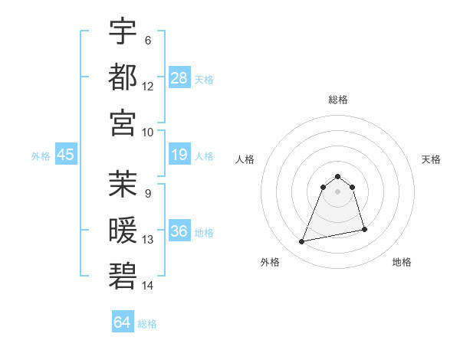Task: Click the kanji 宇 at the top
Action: coord(123,31)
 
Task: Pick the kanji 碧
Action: coord(123,275)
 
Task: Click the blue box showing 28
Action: coord(179,78)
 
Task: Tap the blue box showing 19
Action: coord(179,155)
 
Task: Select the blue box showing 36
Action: coord(179,232)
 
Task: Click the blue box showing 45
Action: coord(65,155)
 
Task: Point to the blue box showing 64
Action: coord(123,322)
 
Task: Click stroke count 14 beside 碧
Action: coord(148,286)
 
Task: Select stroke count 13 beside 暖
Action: coord(148,240)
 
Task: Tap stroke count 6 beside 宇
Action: coord(147,40)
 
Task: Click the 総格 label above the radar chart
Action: coord(338,100)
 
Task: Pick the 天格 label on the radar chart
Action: coord(431,159)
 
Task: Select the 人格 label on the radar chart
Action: coord(245,159)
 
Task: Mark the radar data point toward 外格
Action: coord(302,242)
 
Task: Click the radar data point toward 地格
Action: coord(364,229)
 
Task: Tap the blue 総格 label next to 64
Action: coord(147,324)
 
